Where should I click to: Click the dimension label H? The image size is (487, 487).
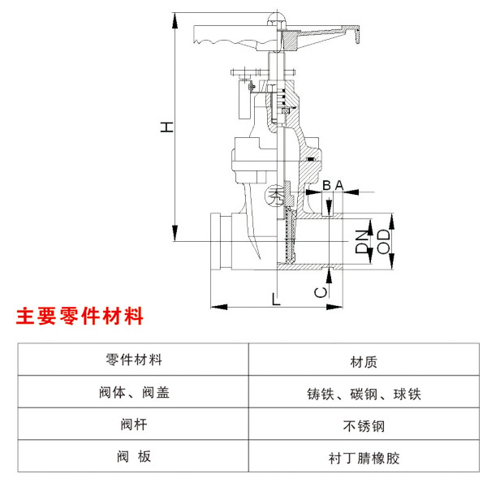(166, 127)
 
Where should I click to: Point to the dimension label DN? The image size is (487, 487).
(362, 240)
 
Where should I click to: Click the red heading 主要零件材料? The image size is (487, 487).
(80, 317)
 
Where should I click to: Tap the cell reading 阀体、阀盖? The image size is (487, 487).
(134, 394)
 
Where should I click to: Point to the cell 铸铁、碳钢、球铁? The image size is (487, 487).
(364, 394)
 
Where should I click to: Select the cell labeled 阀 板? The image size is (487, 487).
(134, 457)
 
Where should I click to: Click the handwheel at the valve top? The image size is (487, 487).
(243, 33)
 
